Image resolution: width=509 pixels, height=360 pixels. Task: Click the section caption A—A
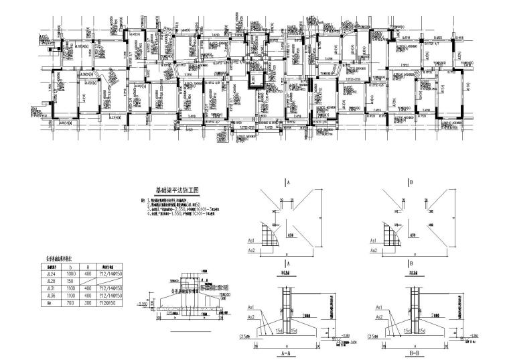289,350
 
